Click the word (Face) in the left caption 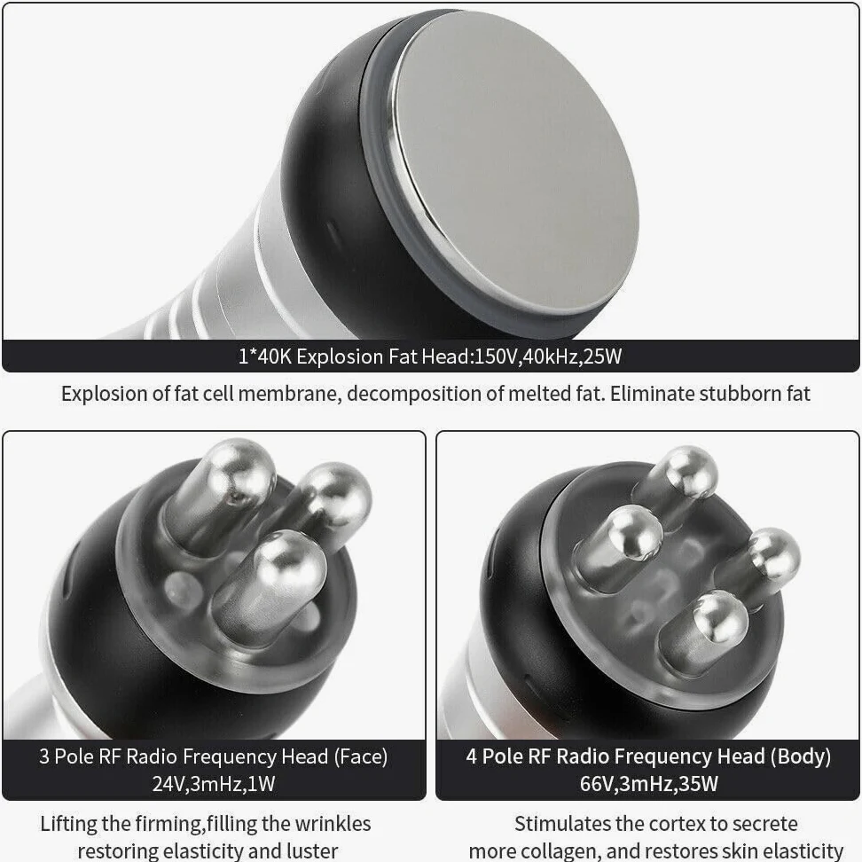(361, 757)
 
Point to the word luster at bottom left (311, 850)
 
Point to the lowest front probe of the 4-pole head (703, 632)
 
